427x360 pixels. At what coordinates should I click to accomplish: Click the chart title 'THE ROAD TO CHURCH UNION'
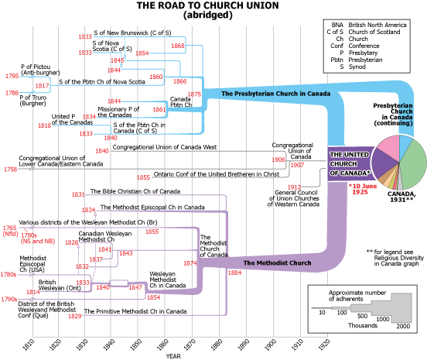point(208,5)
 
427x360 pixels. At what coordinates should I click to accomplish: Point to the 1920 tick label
point(324,345)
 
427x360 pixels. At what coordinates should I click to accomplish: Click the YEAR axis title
point(173,356)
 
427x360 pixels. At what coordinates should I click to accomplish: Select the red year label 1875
point(194,94)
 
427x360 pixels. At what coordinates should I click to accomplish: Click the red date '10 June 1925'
point(363,189)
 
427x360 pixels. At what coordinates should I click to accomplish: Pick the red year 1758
point(10,170)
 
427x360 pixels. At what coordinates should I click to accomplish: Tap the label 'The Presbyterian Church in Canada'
point(275,94)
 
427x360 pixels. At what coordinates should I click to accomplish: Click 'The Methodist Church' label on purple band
point(277,263)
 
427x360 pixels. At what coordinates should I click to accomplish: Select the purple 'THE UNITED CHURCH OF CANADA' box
point(350,164)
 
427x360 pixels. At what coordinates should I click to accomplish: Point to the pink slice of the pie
point(388,145)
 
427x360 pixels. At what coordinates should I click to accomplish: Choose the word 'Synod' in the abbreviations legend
point(357,67)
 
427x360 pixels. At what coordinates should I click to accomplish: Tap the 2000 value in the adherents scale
point(403,326)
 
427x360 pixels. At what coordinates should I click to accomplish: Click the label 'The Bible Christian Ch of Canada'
point(135,191)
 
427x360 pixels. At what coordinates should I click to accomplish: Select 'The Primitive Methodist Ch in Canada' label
point(135,311)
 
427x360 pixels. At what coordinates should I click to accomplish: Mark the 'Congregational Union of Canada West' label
point(165,147)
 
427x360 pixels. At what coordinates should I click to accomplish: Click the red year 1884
point(234,273)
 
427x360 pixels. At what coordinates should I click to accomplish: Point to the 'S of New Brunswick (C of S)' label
point(132,33)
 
